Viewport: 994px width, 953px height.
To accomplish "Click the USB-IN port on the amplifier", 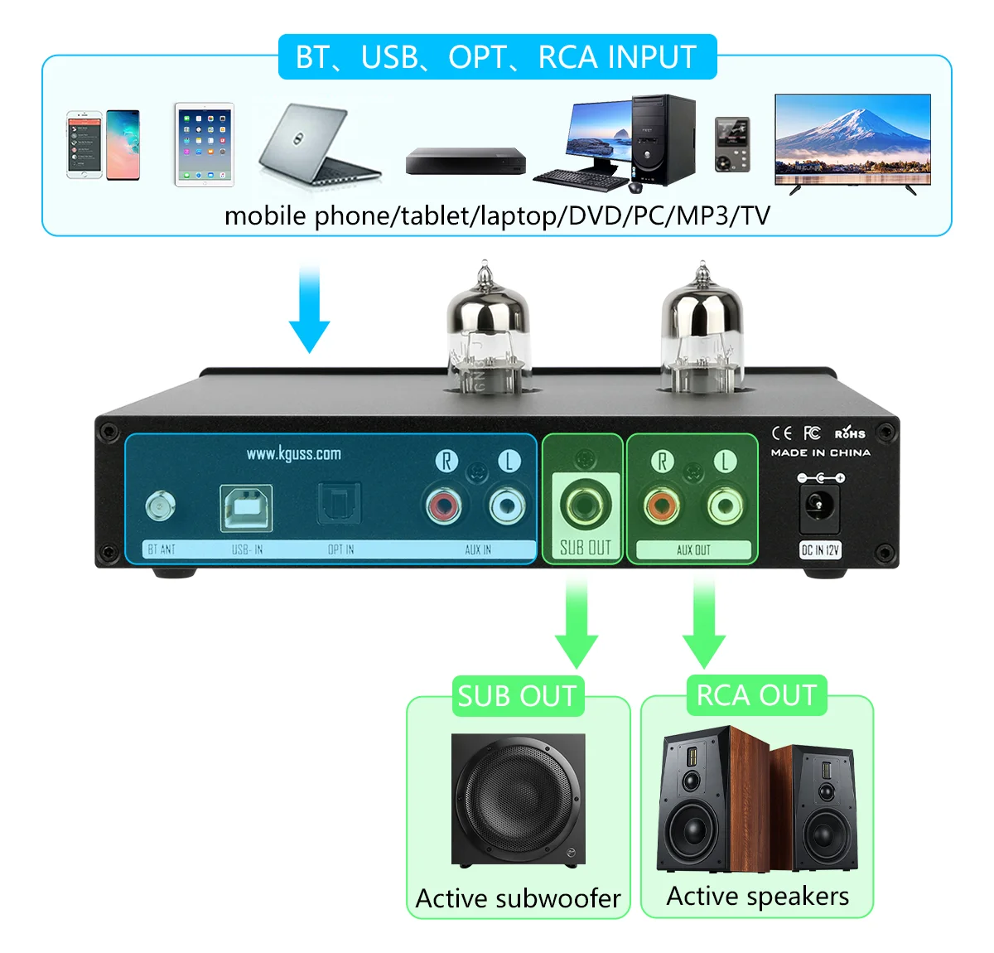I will [x=246, y=507].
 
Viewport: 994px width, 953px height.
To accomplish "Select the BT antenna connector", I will [x=160, y=506].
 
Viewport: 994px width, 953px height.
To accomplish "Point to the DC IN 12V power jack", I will [x=819, y=505].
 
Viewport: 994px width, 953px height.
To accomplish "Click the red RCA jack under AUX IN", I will [x=445, y=504].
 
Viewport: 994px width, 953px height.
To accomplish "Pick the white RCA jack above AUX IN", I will [x=507, y=504].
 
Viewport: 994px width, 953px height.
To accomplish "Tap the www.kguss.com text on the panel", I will [x=293, y=453].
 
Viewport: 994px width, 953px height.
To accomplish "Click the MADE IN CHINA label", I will [x=820, y=452].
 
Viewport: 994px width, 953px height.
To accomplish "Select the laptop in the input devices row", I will [x=318, y=144].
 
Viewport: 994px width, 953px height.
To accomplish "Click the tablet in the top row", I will [x=205, y=144].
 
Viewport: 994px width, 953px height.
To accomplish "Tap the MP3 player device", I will [x=732, y=145].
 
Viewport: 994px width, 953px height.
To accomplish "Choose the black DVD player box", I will [x=466, y=161].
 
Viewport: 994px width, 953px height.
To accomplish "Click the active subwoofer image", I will [x=519, y=801].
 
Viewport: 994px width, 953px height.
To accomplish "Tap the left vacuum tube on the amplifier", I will [x=487, y=331].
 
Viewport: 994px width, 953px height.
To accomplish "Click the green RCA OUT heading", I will [x=756, y=695].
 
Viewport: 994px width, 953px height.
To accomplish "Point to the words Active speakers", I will [x=757, y=896].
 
